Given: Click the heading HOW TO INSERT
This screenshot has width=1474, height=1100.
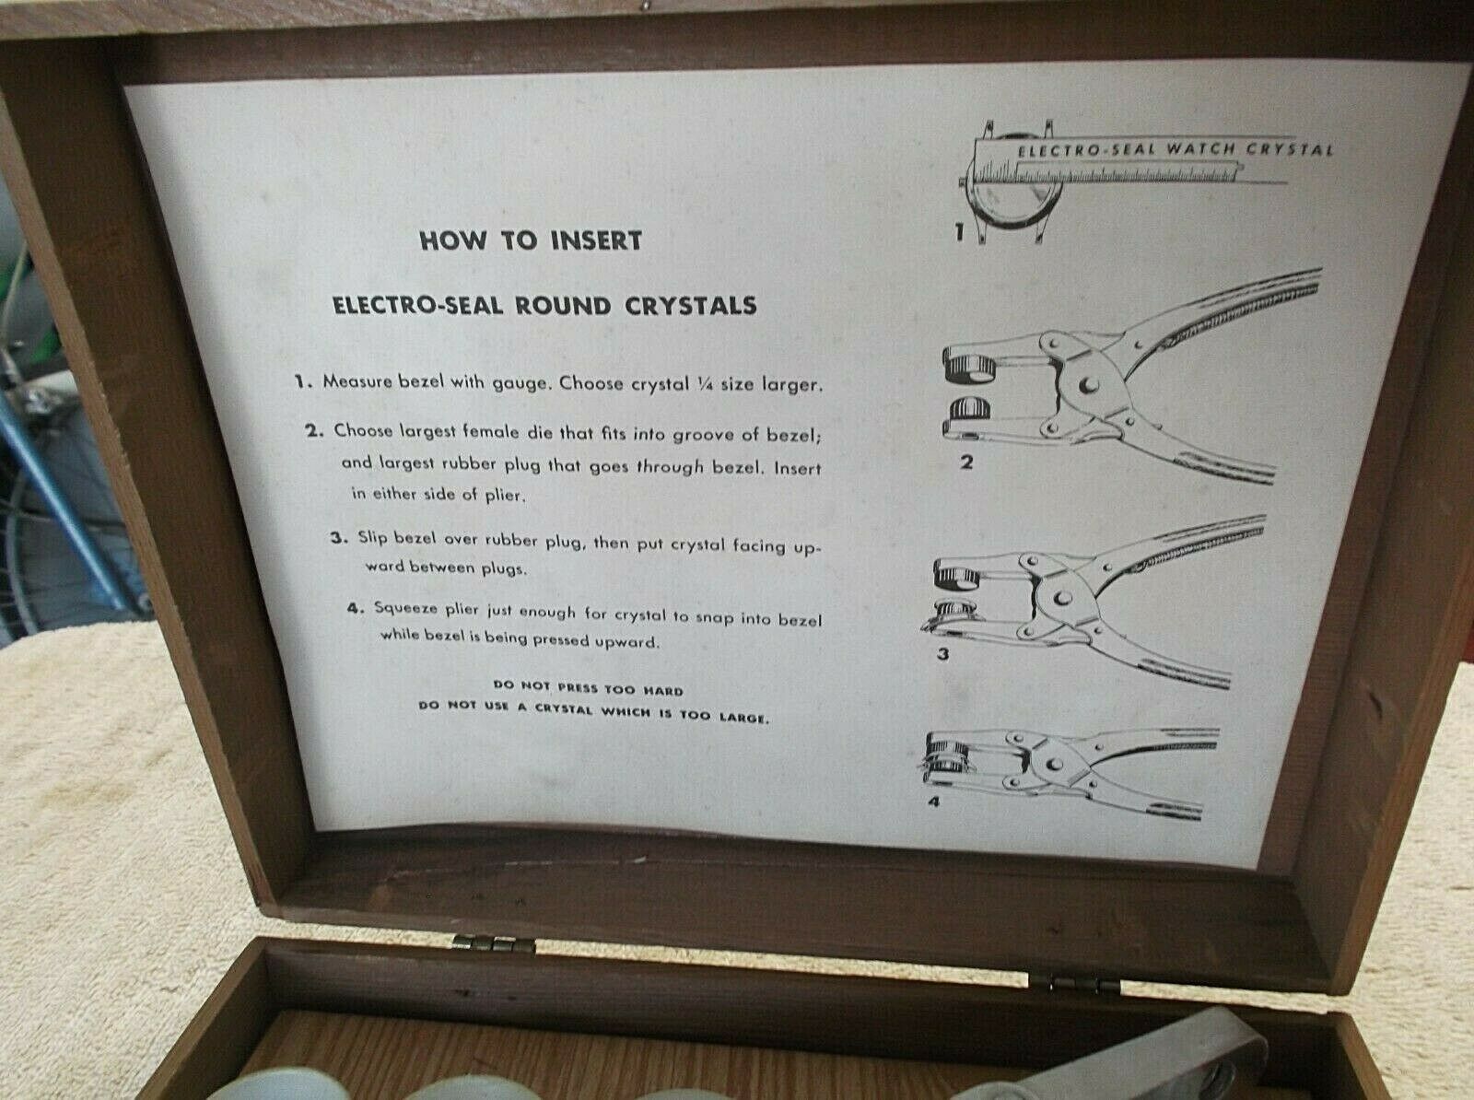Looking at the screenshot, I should coord(530,241).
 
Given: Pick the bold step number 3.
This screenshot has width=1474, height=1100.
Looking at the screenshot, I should coord(337,539).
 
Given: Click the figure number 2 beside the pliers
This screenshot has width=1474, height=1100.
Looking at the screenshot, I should coord(966,462).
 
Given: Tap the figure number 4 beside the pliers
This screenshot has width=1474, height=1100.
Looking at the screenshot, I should coord(934,802).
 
